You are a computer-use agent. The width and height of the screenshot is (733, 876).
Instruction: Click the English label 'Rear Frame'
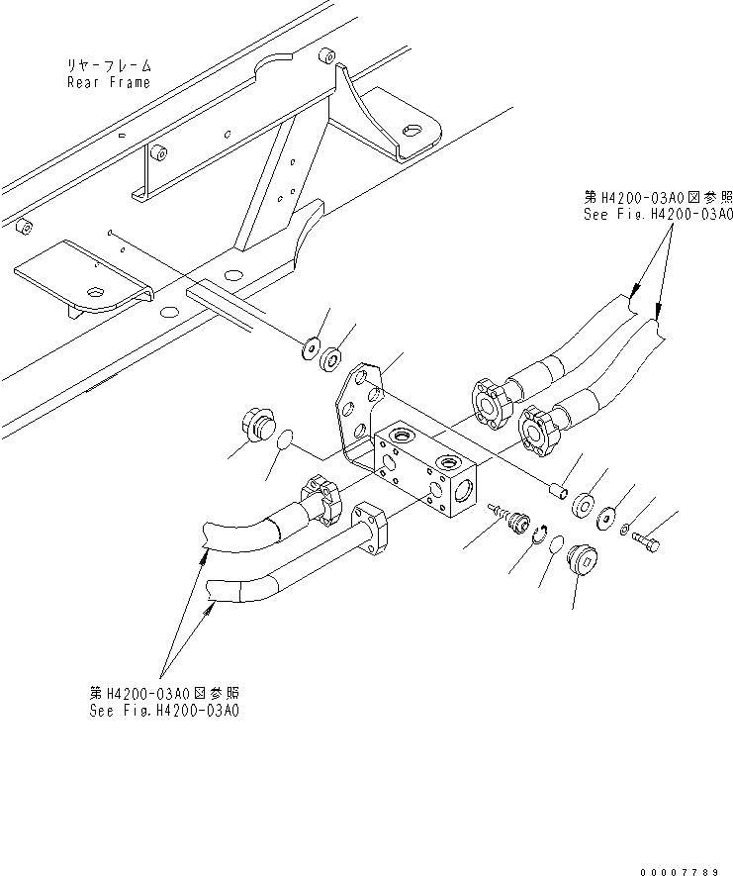(109, 82)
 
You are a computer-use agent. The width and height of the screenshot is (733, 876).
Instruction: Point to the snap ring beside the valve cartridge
(539, 538)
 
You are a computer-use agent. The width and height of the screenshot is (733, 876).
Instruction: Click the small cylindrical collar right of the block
(558, 489)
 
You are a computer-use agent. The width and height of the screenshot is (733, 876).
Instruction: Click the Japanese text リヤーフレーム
(109, 65)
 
